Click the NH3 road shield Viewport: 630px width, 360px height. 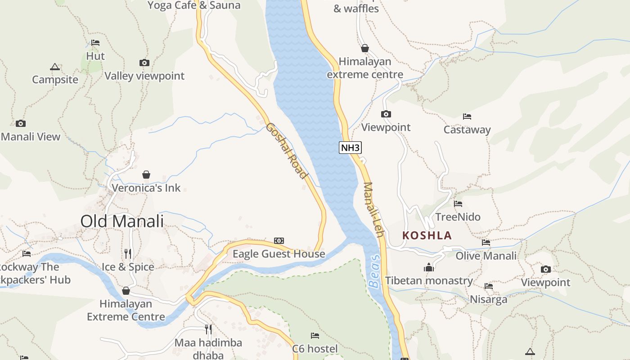351,148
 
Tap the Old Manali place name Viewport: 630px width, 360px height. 122,221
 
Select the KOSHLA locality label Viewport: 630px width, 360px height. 427,235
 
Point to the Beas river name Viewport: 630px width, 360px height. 374,271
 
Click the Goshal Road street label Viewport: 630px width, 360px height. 287,151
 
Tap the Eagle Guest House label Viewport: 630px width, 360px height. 279,254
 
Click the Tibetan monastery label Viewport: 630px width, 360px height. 429,281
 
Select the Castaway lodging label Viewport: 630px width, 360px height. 467,130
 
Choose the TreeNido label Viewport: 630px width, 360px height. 458,217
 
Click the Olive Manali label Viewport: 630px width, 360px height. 486,256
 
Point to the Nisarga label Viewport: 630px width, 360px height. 488,299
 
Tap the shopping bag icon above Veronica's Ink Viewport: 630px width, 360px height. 146,174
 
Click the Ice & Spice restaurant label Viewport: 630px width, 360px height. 128,267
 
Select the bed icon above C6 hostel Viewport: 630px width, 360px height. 315,335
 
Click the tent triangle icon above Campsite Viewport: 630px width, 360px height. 55,67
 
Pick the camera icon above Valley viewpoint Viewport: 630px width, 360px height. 144,63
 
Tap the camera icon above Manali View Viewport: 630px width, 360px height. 20,123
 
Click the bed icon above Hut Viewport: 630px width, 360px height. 95,43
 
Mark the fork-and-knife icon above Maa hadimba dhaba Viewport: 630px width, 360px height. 208,329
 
